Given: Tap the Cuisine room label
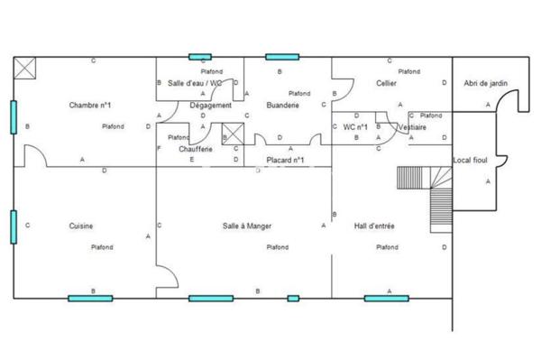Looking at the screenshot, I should click(81, 226).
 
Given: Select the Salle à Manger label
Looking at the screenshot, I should click(247, 226).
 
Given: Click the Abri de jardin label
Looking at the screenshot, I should click(486, 84).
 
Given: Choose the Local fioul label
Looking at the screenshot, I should click(470, 161).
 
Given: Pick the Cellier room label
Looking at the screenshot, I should click(387, 84).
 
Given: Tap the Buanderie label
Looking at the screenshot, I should click(282, 106).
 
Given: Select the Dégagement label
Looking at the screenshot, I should click(211, 106).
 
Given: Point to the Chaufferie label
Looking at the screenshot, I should click(196, 148).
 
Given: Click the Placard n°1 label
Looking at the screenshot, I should click(286, 161).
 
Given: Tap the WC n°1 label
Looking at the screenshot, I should click(355, 127).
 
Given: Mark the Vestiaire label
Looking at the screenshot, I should click(411, 127).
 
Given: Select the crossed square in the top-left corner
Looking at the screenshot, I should click(24, 66).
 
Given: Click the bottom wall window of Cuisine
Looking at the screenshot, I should click(90, 298).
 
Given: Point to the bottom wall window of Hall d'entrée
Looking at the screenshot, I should click(386, 298).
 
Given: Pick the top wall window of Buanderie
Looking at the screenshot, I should click(277, 57).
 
